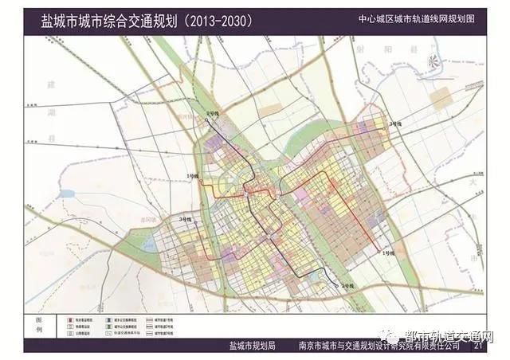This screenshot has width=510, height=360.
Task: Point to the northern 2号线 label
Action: (214, 115)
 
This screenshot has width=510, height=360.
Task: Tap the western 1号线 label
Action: (191, 174)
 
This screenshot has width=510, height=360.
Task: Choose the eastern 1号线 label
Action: (388, 252)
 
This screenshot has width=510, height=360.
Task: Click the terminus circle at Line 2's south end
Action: (338, 284)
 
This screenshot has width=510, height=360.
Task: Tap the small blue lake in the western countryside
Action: (66, 194)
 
